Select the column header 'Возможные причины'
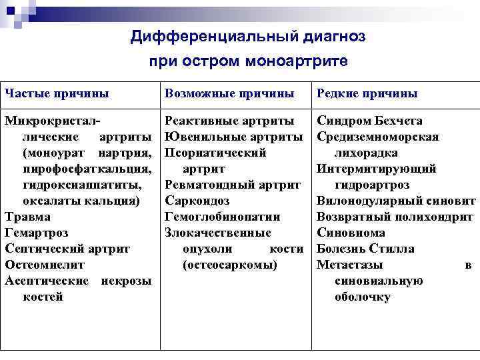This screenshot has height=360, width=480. pyautogui.click(x=229, y=93)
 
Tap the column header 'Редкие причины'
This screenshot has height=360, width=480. pyautogui.click(x=367, y=93)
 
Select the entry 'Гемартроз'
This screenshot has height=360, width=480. pyautogui.click(x=36, y=233)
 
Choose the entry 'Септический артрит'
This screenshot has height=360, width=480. pyautogui.click(x=67, y=249)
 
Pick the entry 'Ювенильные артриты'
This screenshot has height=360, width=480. pyautogui.click(x=233, y=137)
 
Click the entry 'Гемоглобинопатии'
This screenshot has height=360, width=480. pyautogui.click(x=222, y=217)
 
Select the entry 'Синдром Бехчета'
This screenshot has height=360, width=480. pyautogui.click(x=369, y=121)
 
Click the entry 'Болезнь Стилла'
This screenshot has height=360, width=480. pyautogui.click(x=365, y=249)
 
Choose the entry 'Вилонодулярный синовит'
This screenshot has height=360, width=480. pyautogui.click(x=395, y=201)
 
